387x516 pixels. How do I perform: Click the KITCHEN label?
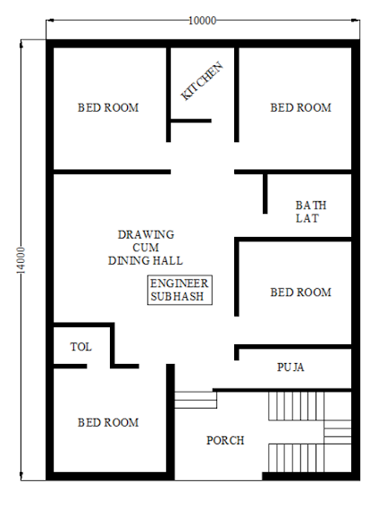coord(202,81)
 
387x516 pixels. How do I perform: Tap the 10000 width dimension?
coord(203,21)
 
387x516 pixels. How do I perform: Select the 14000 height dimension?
coord(21,260)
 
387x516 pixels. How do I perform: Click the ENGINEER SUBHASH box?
coord(180,290)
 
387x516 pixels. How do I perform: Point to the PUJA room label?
coord(290,368)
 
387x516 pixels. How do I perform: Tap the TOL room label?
coord(80,346)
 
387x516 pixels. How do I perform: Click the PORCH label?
coord(225,440)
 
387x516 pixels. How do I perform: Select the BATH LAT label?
coord(311,212)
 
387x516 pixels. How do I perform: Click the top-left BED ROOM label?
coord(108,107)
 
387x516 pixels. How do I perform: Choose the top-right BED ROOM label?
coord(300,107)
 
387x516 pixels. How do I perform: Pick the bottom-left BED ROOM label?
coord(108,422)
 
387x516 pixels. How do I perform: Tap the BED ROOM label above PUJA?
coord(300,292)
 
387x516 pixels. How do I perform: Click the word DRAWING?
coord(146,234)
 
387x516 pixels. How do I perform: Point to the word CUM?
coord(146,248)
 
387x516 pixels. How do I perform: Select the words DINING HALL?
coord(146,260)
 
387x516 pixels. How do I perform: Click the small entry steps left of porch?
coord(196,400)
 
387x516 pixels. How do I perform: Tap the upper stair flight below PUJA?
coord(296,406)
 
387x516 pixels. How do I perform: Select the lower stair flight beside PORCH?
coord(296,458)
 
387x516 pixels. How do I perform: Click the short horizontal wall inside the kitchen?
coord(191,121)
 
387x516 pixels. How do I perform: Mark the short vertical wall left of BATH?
coord(265,194)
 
